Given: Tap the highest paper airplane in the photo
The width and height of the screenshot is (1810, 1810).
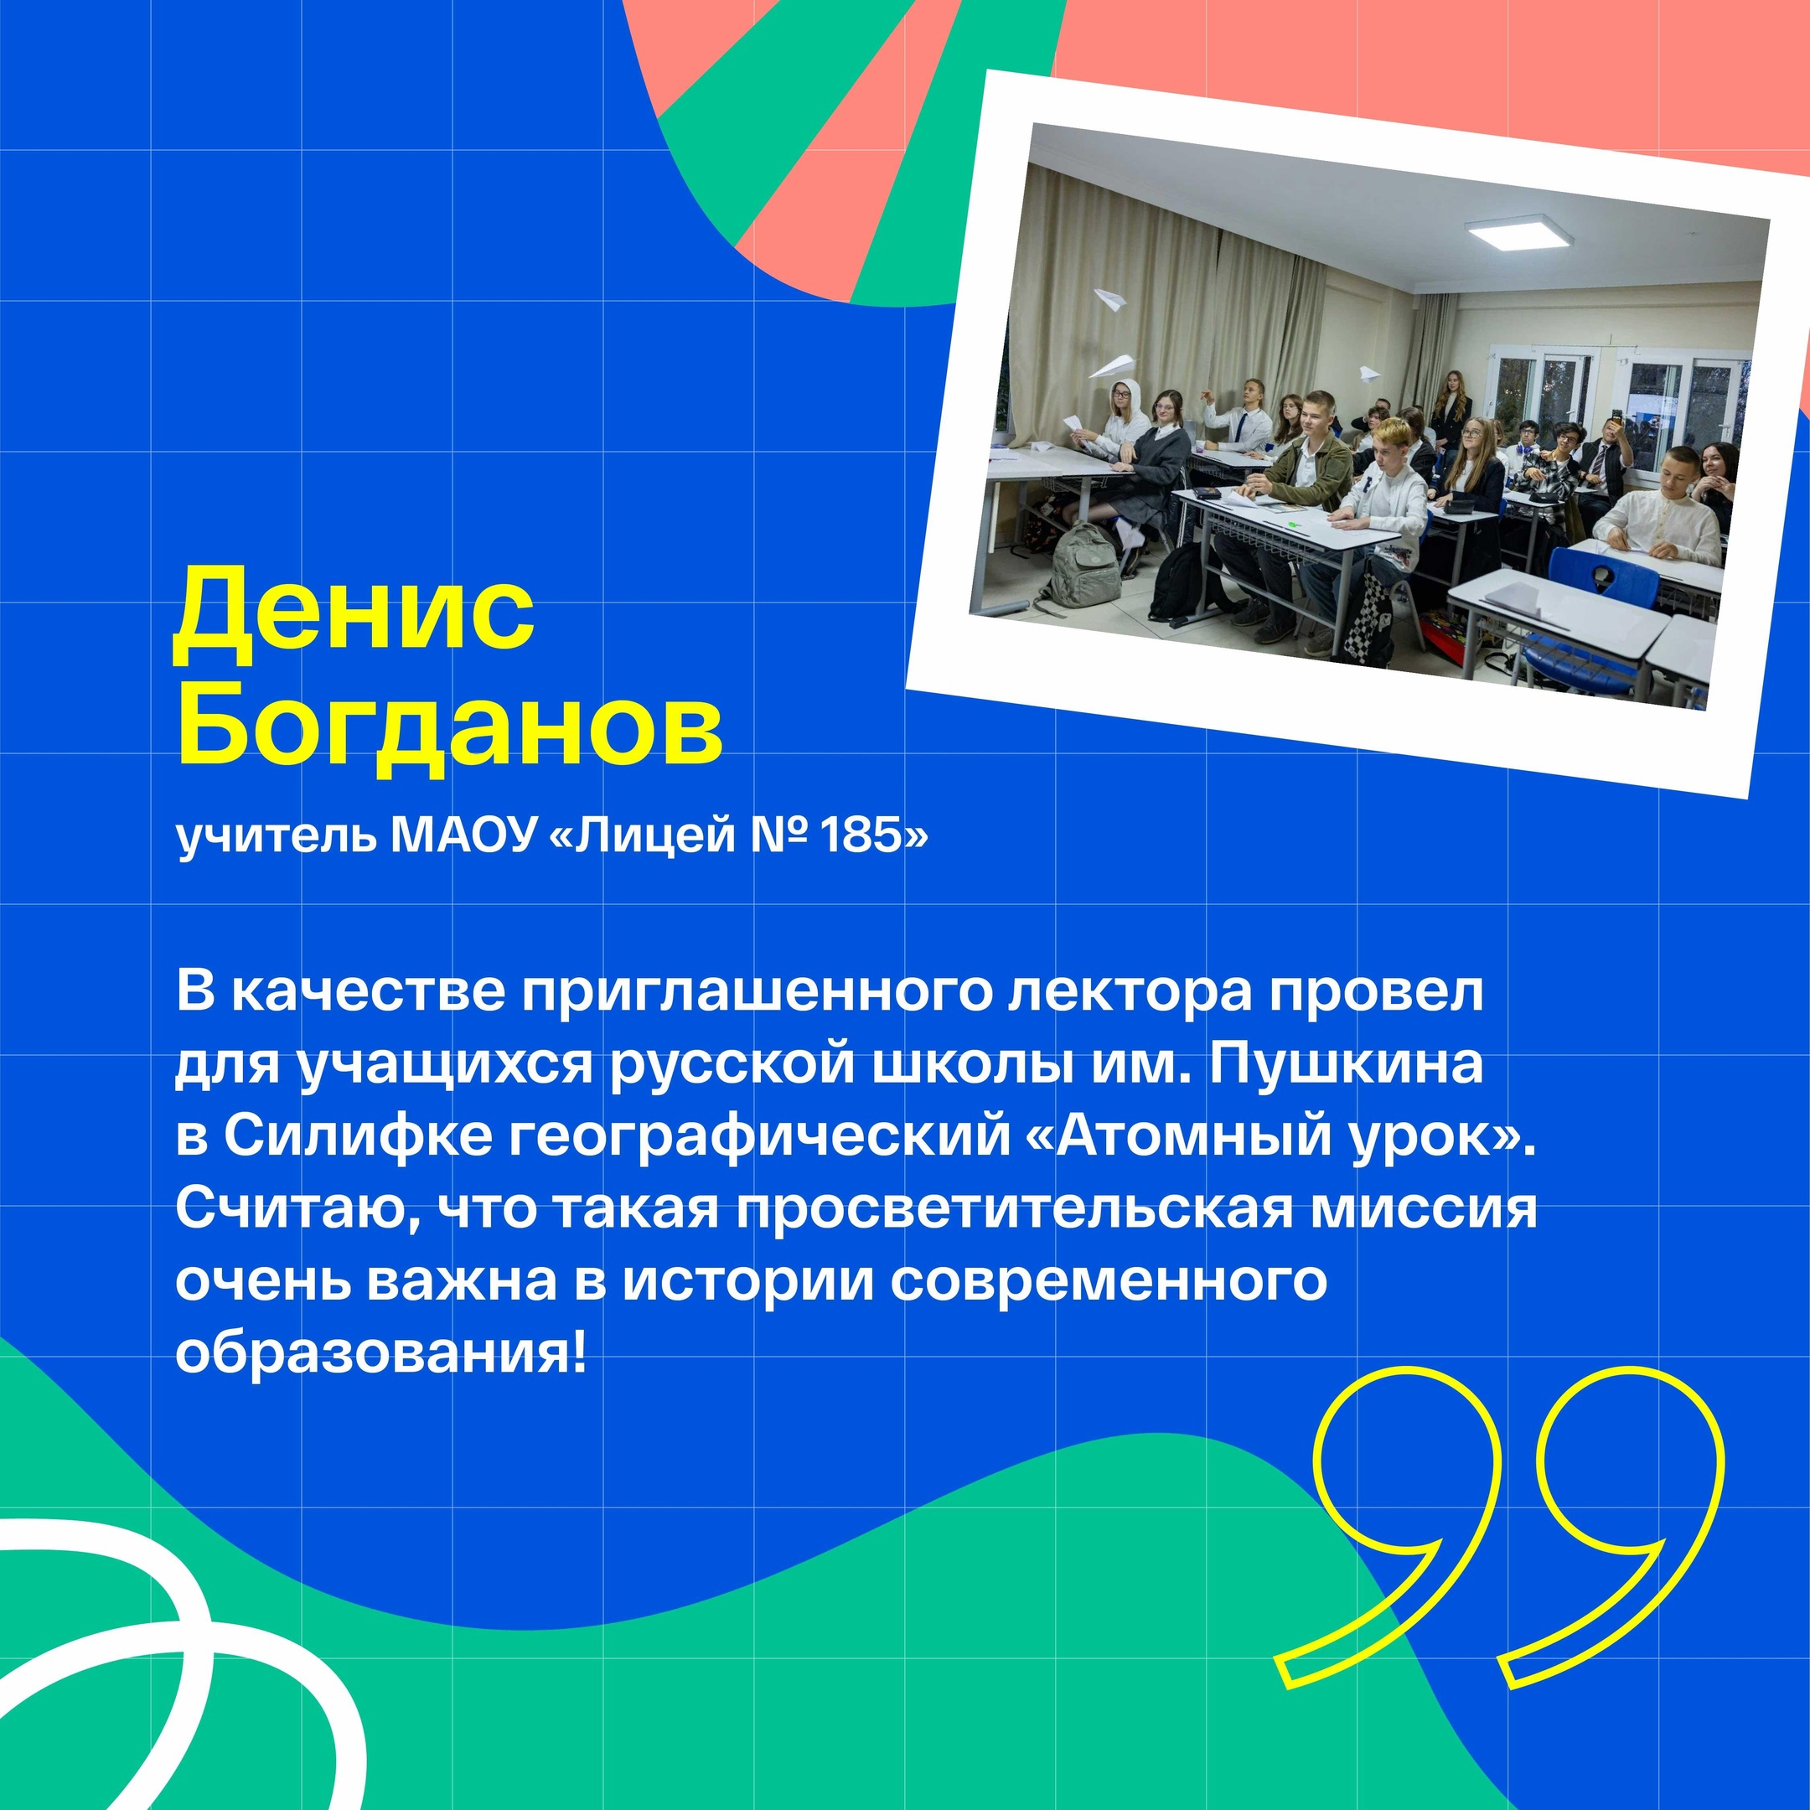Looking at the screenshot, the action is click(x=1112, y=301).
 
